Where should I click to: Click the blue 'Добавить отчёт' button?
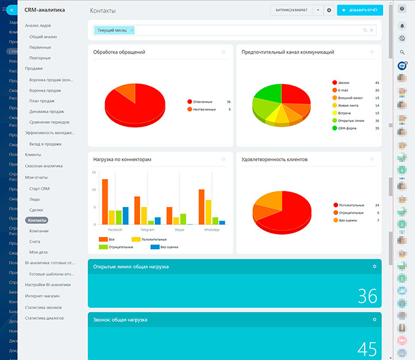pyautogui.click(x=360, y=10)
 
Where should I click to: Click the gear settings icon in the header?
pyautogui.click(x=328, y=10)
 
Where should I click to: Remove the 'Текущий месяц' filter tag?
pyautogui.click(x=132, y=30)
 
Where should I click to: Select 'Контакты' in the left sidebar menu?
pyautogui.click(x=37, y=220)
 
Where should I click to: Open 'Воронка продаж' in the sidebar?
pyautogui.click(x=45, y=90)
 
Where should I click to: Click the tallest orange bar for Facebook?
pyautogui.click(x=104, y=201)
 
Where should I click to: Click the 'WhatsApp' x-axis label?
pyautogui.click(x=211, y=229)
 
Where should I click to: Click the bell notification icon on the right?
pyautogui.click(x=402, y=25)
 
